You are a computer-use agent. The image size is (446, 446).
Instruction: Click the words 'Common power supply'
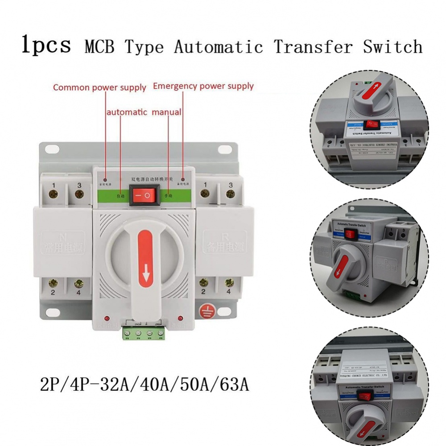[99, 87]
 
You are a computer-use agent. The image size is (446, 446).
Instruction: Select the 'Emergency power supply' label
[203, 86]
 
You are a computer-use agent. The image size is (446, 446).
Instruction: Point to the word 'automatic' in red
[127, 112]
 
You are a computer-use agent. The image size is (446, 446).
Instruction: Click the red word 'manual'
[166, 112]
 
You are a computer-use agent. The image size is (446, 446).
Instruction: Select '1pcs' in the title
[46, 45]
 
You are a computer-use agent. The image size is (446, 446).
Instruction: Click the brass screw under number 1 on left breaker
[54, 194]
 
